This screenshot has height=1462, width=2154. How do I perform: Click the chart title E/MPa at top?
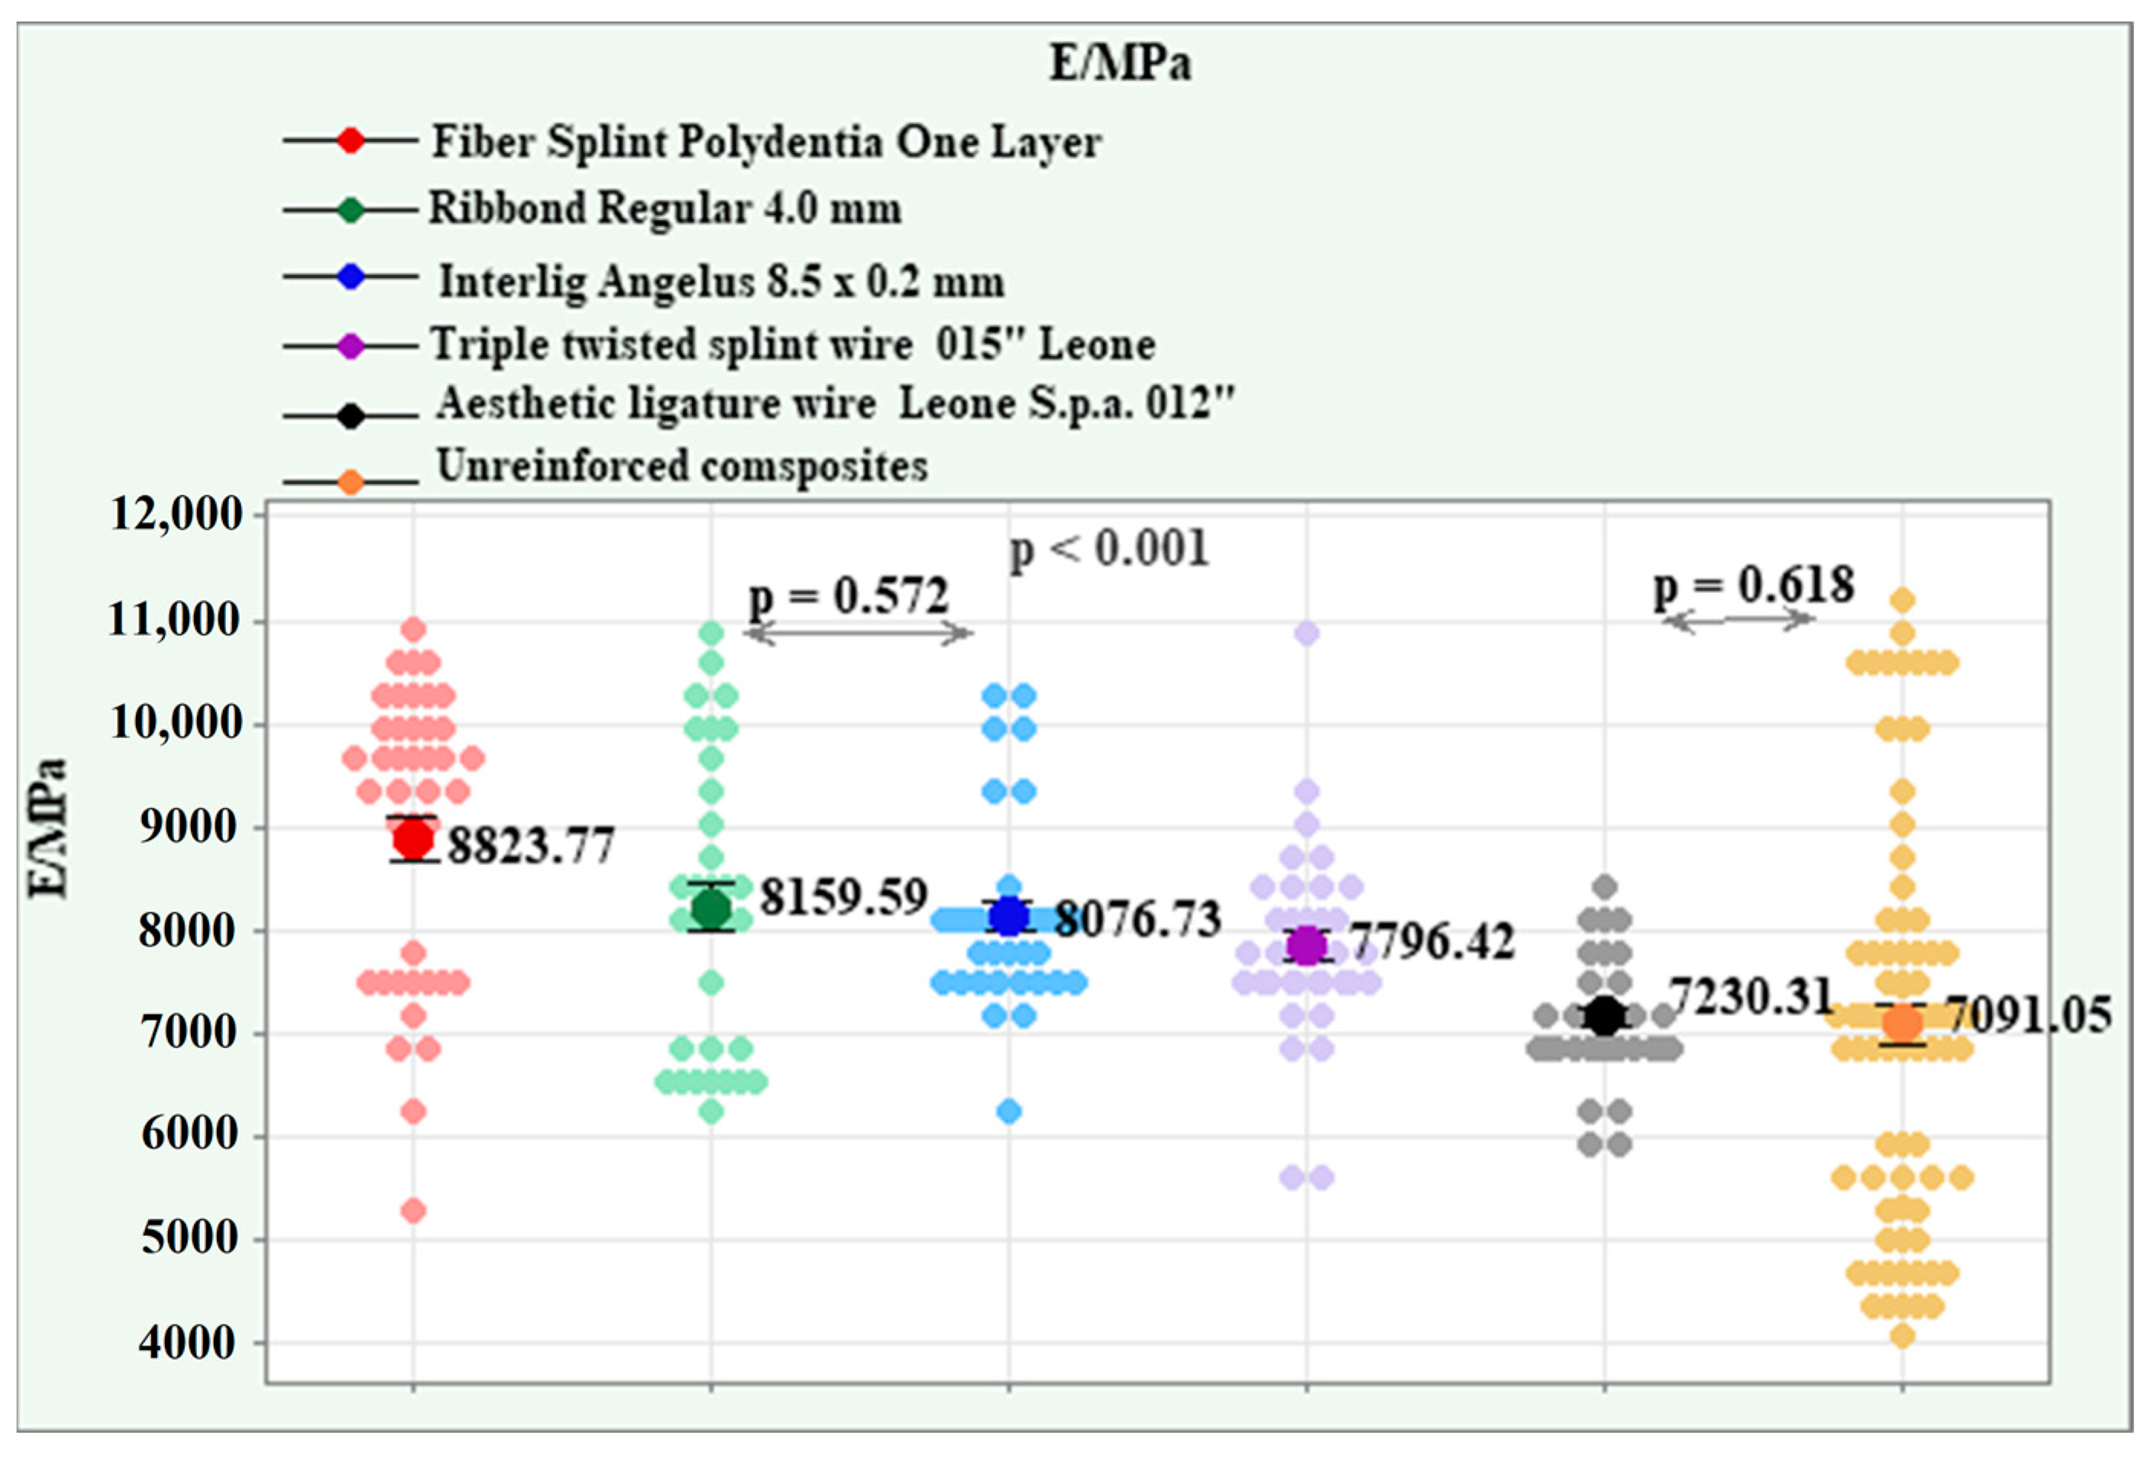click(x=1119, y=64)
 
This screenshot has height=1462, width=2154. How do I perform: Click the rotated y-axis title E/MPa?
click(x=48, y=828)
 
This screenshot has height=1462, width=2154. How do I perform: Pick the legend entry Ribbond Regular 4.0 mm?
click(x=664, y=208)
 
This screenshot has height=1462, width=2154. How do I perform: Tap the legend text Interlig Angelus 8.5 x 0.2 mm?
click(x=721, y=281)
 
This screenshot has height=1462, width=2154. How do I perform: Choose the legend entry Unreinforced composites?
click(x=681, y=465)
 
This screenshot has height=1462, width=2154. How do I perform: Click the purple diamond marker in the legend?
click(x=351, y=347)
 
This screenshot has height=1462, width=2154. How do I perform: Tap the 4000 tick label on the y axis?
click(x=187, y=1341)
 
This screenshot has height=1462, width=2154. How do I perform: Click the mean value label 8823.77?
click(x=531, y=845)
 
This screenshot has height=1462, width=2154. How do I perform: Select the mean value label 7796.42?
click(x=1433, y=941)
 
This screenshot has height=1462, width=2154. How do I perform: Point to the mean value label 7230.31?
click(x=1750, y=997)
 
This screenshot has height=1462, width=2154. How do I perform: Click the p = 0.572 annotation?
click(x=848, y=595)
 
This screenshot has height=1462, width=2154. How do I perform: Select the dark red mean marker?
click(x=413, y=839)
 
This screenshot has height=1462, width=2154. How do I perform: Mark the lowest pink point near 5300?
click(x=413, y=1211)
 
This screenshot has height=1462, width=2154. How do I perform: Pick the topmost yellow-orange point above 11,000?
click(x=1903, y=600)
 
